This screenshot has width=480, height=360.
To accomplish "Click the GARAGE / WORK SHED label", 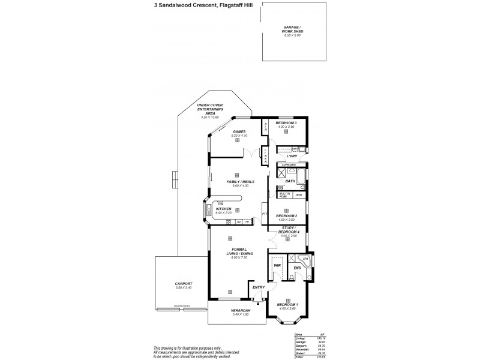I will click(x=292, y=30).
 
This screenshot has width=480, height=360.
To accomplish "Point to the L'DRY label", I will click(x=292, y=156).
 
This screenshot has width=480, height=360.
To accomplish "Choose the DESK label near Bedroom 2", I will click(x=299, y=195).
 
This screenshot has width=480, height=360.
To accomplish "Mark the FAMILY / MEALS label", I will click(x=240, y=181).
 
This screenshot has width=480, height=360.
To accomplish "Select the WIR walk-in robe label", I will click(x=277, y=265).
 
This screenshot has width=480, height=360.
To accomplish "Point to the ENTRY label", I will click(x=259, y=287).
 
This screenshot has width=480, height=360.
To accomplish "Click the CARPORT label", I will click(x=184, y=284).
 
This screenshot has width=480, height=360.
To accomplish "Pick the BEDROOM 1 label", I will click(x=288, y=305).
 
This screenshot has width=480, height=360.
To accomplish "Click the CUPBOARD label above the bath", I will click(x=289, y=164).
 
